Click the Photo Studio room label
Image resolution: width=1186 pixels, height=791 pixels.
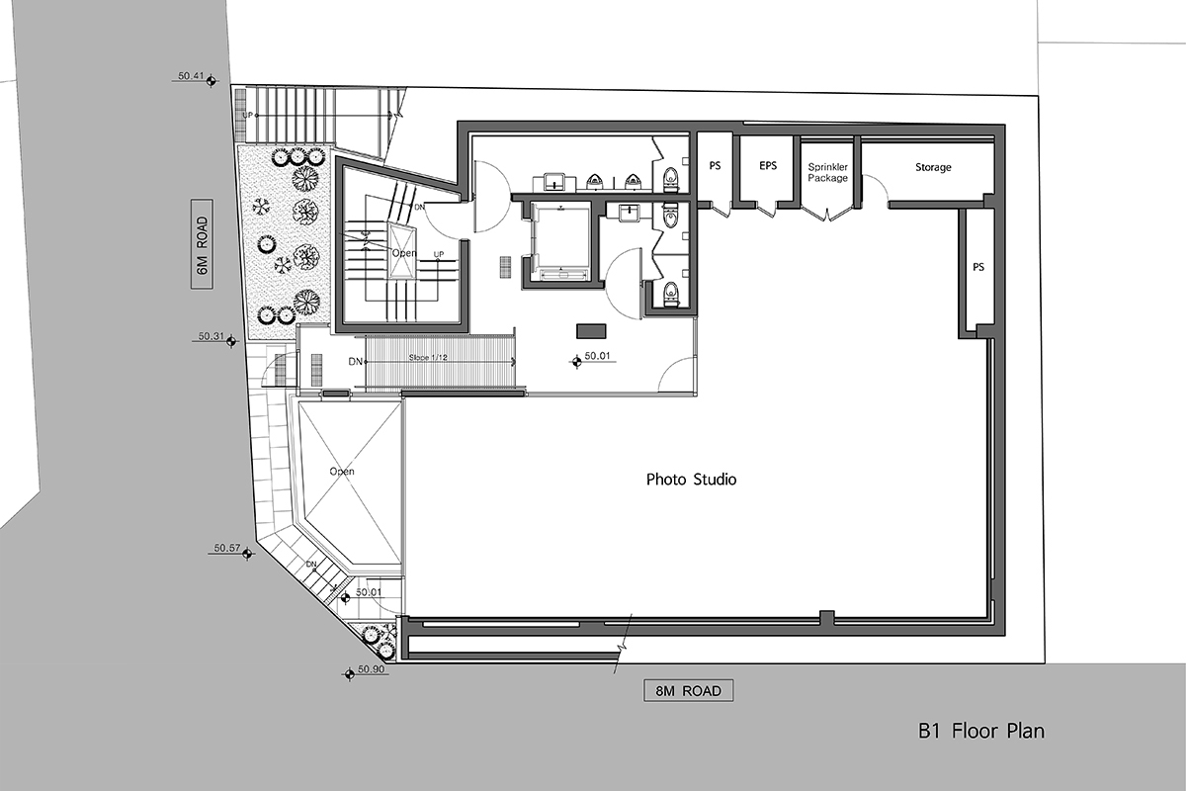691,480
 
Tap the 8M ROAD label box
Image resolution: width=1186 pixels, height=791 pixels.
688,691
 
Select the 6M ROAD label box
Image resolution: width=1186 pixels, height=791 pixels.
202,244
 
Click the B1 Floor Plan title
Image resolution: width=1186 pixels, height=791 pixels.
981,731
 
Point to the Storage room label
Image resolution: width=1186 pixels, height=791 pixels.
933,167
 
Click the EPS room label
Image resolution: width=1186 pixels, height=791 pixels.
768,166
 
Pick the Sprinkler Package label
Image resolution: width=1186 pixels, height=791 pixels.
827,173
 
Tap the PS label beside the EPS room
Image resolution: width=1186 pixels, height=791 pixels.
715,166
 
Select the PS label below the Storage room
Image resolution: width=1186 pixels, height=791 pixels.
978,267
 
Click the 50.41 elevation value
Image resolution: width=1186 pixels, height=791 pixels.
191,76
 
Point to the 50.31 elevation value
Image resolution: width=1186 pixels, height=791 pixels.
212,336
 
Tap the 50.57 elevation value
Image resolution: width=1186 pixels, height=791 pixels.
227,549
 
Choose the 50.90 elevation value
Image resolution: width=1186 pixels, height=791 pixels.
371,669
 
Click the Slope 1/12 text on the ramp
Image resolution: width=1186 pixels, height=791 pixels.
428,358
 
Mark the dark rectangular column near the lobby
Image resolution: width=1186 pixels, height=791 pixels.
591,331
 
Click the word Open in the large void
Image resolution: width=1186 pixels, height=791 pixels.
342,471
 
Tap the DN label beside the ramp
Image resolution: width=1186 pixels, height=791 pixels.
355,362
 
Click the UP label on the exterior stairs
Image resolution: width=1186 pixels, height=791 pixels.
247,115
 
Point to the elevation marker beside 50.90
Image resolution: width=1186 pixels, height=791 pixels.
349,674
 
